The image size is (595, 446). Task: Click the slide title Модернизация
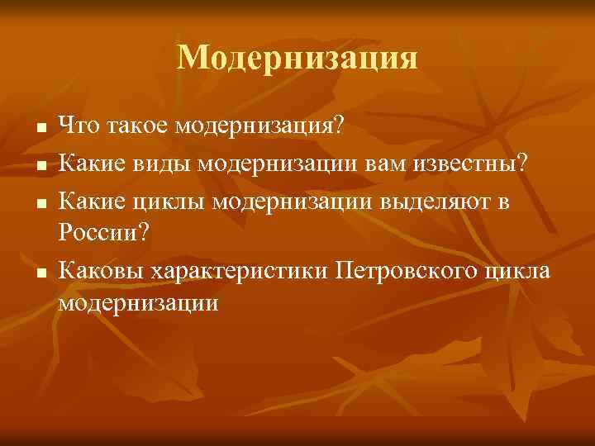pyautogui.click(x=297, y=58)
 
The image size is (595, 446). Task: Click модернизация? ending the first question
pyautogui.click(x=260, y=126)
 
